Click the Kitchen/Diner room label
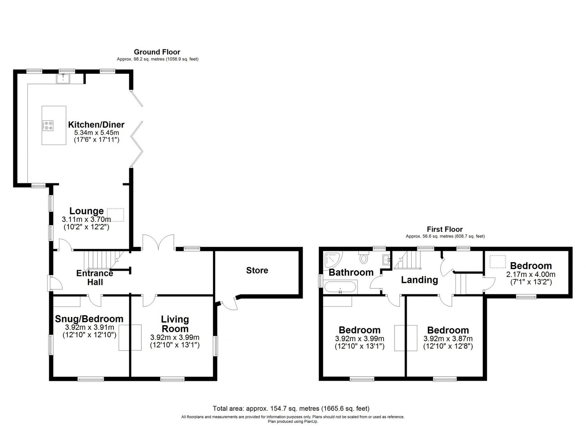pos(96,125)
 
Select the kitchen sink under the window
pos(63,79)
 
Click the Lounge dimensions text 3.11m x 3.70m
pos(86,219)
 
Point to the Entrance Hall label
pos(95,277)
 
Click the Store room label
pos(257,270)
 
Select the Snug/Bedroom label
pos(89,319)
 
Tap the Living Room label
pos(175,324)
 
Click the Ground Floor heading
pos(157,52)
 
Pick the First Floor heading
pos(445,229)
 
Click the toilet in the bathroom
pos(364,258)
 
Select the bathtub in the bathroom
pos(340,288)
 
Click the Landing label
pos(420,280)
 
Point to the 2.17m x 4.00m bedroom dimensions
pos(531,274)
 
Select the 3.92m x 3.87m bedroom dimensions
pos(448,339)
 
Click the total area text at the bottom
pos(291,409)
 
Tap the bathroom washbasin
pos(386,259)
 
